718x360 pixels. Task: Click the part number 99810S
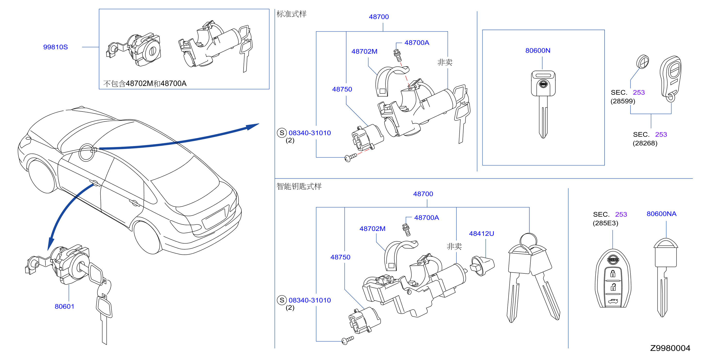(x=56, y=47)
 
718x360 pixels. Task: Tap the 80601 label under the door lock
(x=64, y=306)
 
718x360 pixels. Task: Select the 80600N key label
(x=538, y=50)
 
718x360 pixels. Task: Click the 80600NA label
(x=662, y=214)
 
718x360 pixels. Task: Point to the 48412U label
(x=481, y=233)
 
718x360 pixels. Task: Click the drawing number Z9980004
(x=670, y=348)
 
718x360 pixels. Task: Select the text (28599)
(x=623, y=101)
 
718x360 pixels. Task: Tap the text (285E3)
(x=605, y=223)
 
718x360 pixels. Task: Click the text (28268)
(x=645, y=143)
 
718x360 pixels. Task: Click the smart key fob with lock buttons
(x=613, y=279)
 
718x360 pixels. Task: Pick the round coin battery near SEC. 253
(x=643, y=62)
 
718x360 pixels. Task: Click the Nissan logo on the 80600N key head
(x=543, y=84)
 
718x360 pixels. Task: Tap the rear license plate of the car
(x=214, y=218)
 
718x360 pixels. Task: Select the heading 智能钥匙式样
(x=299, y=186)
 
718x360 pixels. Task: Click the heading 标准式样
(x=291, y=14)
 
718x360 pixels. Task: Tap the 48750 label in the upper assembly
(x=342, y=89)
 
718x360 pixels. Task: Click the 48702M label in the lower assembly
(x=372, y=229)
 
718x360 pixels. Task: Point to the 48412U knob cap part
(x=482, y=266)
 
